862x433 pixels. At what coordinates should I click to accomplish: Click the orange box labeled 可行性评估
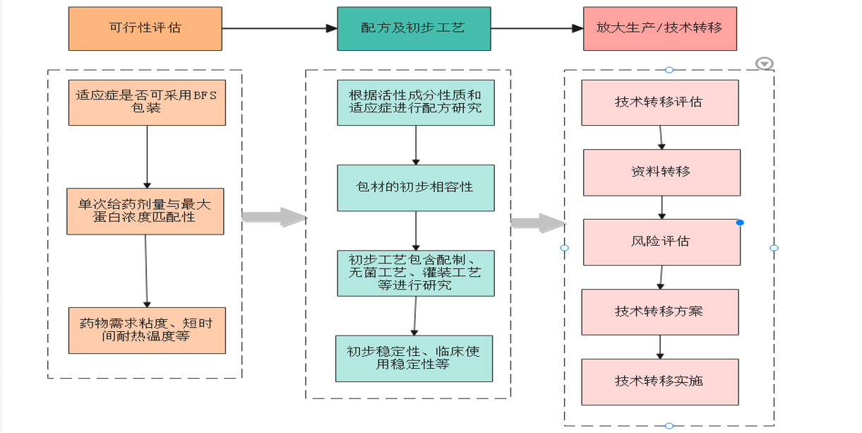(145, 28)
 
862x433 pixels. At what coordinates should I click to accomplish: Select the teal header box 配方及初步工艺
(413, 28)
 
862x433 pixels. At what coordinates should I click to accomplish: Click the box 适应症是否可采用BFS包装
(147, 102)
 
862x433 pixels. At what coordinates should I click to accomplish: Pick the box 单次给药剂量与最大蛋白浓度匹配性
(145, 211)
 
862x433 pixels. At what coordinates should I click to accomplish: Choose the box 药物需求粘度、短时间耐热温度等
(147, 330)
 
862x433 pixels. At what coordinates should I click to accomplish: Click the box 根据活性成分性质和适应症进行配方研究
(415, 102)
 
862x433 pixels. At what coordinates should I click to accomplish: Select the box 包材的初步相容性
(415, 188)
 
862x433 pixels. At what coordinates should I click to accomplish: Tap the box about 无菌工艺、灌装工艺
(415, 273)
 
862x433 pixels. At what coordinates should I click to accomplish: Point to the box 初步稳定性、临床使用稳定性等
(414, 358)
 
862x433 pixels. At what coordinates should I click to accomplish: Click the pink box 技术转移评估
(659, 102)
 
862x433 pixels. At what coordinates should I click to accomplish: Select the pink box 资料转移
(662, 172)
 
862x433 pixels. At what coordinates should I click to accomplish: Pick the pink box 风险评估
(662, 242)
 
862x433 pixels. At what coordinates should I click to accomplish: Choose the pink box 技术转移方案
(659, 312)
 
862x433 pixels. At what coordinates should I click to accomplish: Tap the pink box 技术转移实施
(659, 381)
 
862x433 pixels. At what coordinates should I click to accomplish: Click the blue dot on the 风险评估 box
(740, 223)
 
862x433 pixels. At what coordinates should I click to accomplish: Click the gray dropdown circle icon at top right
(765, 64)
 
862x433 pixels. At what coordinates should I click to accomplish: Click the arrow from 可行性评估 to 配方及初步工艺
(280, 29)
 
